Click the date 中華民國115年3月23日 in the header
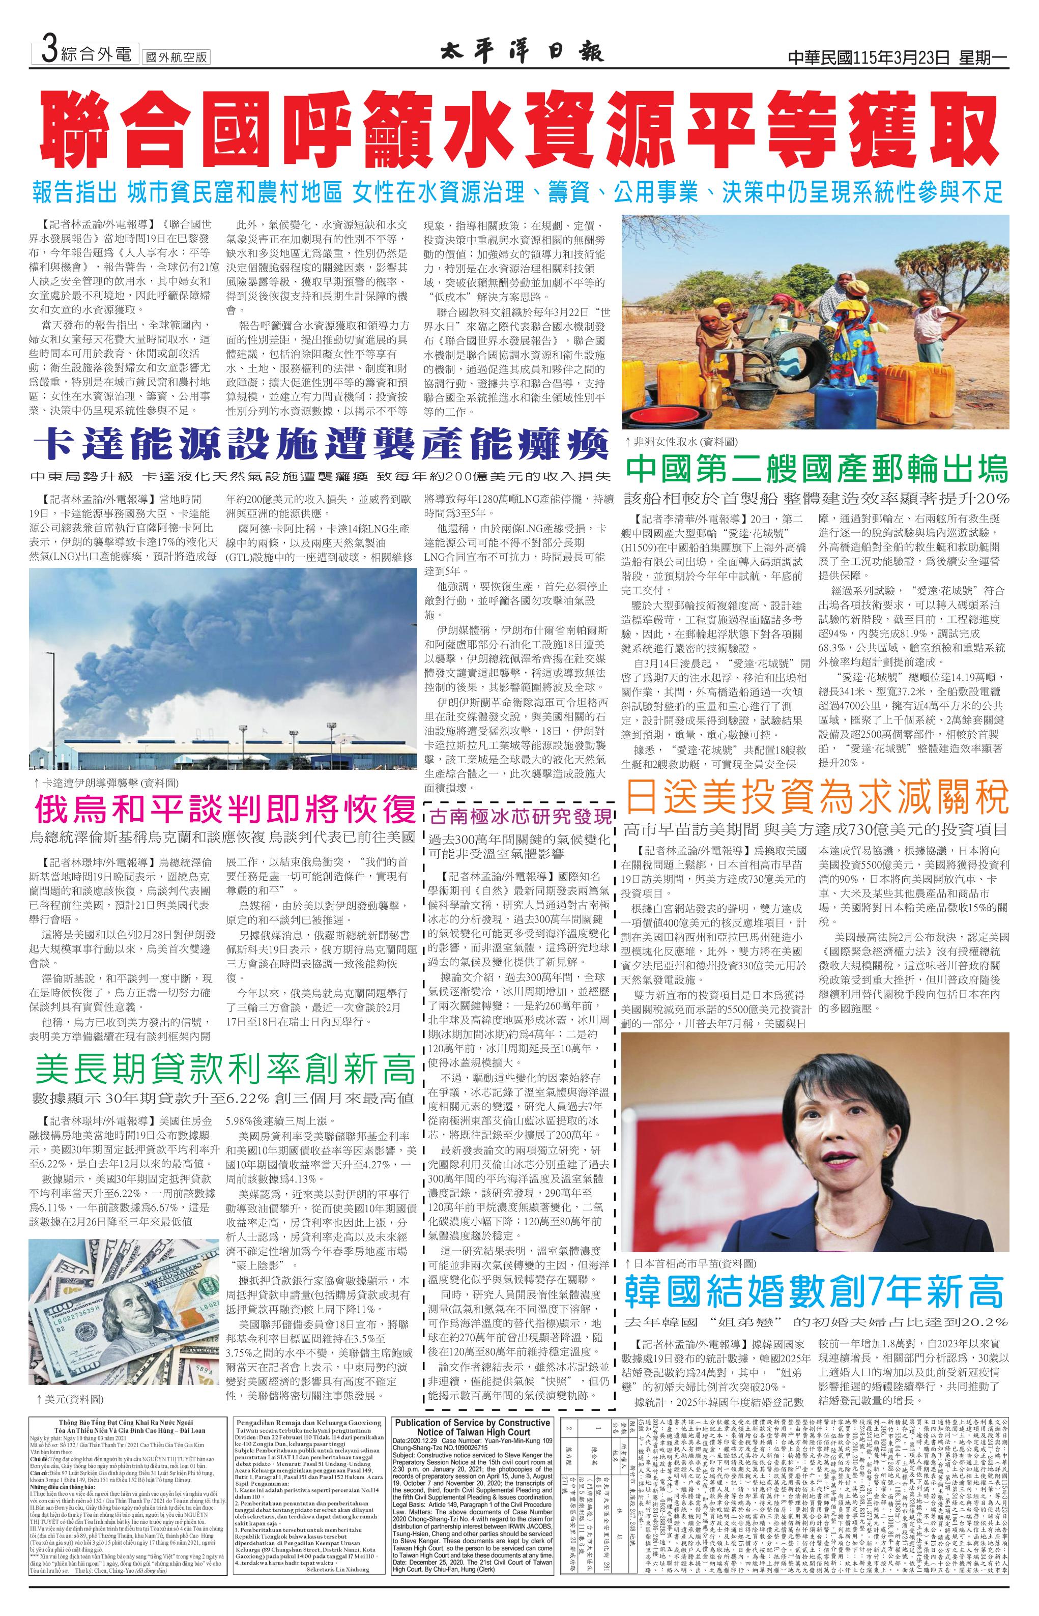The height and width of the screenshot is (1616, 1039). [x=869, y=58]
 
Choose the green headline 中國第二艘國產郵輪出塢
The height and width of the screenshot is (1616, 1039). [x=816, y=468]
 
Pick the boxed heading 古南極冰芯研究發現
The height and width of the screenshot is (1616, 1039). [x=522, y=815]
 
